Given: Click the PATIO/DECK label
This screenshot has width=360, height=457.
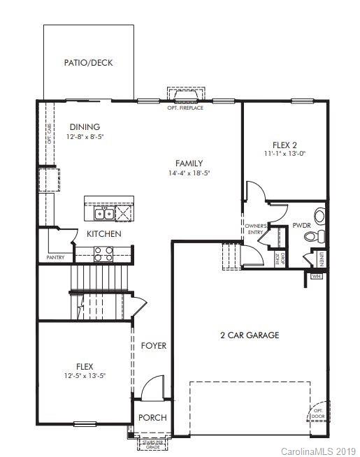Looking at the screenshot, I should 88,63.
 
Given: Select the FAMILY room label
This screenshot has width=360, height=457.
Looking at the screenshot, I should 189,163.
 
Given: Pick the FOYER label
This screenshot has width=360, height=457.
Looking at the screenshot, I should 154,346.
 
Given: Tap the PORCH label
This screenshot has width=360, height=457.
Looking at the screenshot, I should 152,418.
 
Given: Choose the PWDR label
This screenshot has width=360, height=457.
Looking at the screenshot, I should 301,226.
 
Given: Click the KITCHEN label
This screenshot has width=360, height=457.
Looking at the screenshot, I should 104,233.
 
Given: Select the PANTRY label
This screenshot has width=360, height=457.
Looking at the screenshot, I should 56,257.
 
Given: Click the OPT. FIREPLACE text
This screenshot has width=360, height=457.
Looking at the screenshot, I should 186,108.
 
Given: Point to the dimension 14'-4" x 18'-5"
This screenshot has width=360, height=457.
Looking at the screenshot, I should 189,173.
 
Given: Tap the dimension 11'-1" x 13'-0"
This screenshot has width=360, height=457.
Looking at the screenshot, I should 284,153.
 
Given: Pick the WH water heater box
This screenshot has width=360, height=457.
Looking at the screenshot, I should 315,275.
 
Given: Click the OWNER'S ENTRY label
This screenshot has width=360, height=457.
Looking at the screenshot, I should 253,229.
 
